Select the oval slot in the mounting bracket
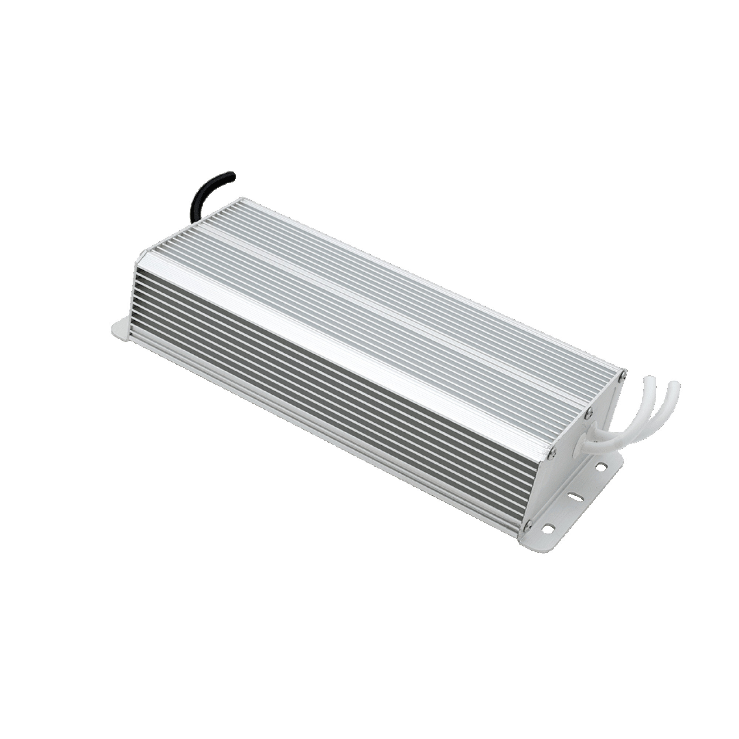coord(575,507)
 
